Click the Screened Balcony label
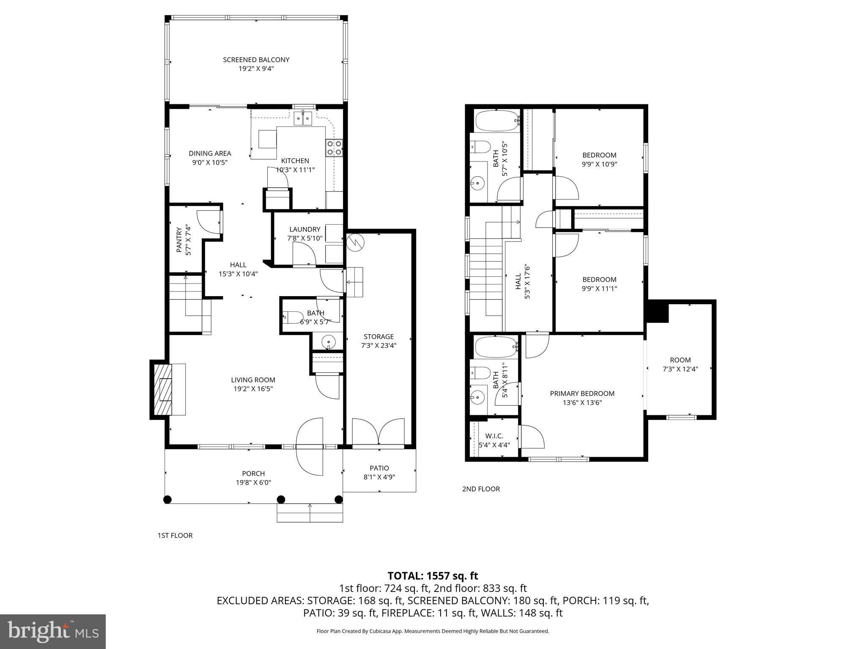pos(256,60)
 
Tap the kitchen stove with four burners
pos(334,148)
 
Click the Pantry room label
pos(179,241)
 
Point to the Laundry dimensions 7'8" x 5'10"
pos(304,238)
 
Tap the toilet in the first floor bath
pos(292,316)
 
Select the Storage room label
pos(378,337)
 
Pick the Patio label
pos(379,468)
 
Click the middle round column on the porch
pos(281,499)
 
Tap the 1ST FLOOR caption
pos(175,535)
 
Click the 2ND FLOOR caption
pos(481,489)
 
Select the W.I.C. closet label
pos(494,436)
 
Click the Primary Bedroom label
pos(582,393)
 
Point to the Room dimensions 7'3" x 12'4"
pos(680,369)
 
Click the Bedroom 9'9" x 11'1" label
pos(599,280)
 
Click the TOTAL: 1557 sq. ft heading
pos(433,575)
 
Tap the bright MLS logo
pos(53,631)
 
